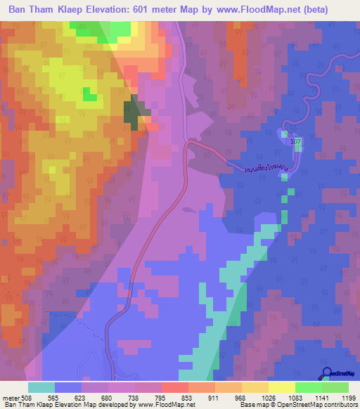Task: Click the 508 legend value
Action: click(x=27, y=397)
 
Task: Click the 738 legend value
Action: click(x=127, y=397)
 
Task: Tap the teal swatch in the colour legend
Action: click(x=41, y=387)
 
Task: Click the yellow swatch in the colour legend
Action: click(x=281, y=387)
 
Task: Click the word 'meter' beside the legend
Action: click(x=10, y=397)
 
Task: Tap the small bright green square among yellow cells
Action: click(x=88, y=93)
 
